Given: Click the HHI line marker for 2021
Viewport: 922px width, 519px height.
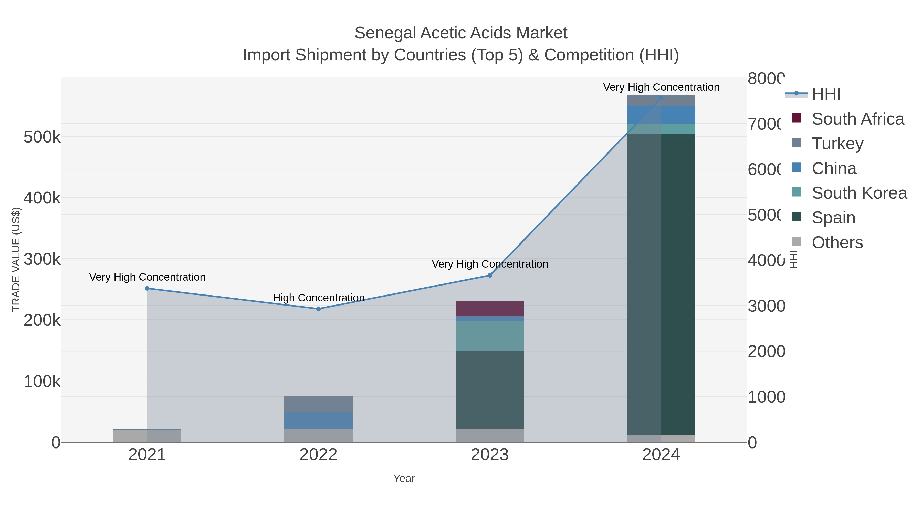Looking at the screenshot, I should coord(147,288).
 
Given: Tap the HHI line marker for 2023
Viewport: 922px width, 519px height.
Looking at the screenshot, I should coord(490,276).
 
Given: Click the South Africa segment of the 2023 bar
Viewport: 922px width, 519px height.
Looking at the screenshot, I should coord(490,309).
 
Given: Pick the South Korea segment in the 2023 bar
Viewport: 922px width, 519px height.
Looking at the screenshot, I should coord(490,336).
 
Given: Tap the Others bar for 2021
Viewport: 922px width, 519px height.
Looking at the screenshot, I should coord(147,436).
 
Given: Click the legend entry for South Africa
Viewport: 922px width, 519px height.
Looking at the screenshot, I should coord(857,119).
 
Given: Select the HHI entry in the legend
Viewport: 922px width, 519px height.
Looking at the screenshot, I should coord(826,94).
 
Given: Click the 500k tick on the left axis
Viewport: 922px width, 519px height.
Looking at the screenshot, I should coord(42,137).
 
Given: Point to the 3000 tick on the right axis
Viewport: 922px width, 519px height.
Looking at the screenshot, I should coord(766,306).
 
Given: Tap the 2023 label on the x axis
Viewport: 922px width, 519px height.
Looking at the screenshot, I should coord(490,454).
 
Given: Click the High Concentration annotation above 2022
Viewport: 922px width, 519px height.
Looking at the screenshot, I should coord(319,298).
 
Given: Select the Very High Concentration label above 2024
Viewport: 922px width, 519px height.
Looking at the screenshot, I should coord(661,87).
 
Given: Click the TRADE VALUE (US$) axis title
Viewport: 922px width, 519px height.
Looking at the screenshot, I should coord(16,259).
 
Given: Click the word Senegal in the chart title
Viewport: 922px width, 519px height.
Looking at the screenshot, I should coord(385,33).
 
